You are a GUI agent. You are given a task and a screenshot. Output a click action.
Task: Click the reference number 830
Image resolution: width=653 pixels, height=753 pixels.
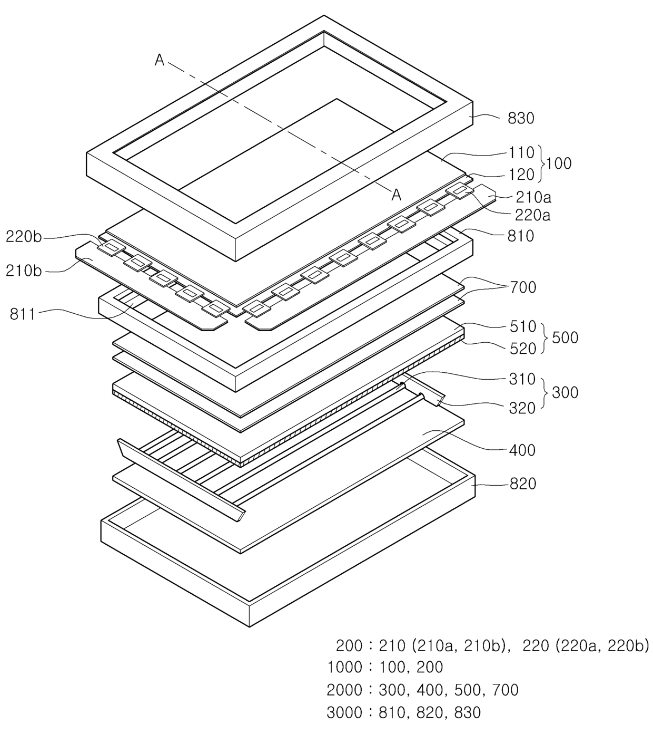[x=520, y=118]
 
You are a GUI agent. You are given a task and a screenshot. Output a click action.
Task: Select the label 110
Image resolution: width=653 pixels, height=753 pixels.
[x=521, y=153]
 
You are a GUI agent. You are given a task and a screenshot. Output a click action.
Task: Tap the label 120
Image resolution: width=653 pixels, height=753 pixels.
[x=521, y=174]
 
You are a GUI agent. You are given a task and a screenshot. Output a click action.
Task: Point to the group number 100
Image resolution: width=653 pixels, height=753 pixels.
[x=559, y=163]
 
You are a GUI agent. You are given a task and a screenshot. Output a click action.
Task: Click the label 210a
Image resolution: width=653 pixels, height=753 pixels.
[x=533, y=197]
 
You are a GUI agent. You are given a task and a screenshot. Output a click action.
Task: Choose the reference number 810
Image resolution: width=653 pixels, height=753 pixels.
[x=520, y=236]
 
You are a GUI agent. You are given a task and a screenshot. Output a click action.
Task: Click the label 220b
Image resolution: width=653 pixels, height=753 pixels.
[x=24, y=237]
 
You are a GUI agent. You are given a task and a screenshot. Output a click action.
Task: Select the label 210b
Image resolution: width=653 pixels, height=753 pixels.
[x=24, y=271]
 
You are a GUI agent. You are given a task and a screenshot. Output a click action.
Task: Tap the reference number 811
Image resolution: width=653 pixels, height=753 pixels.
[x=22, y=314]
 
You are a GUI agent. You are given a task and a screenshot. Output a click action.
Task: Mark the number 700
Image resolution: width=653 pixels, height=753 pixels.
[x=523, y=287]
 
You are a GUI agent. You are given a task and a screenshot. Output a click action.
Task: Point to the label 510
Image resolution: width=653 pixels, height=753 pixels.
[x=522, y=327]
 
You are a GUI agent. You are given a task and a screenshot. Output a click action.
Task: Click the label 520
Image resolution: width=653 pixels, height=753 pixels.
[x=522, y=348]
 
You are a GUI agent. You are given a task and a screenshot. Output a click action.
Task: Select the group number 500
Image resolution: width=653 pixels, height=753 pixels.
[x=565, y=337]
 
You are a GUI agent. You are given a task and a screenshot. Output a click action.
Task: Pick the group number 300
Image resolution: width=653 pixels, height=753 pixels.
[x=565, y=392]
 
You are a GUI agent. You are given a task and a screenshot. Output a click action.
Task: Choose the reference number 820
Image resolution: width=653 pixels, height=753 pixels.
[x=522, y=484]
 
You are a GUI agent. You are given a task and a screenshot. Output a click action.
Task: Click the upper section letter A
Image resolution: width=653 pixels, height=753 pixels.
[x=159, y=61]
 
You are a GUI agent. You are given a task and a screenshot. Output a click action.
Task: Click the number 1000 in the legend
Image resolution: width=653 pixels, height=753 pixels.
[x=344, y=667]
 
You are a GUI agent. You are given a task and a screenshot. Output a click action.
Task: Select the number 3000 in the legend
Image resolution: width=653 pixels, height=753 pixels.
[x=344, y=712]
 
